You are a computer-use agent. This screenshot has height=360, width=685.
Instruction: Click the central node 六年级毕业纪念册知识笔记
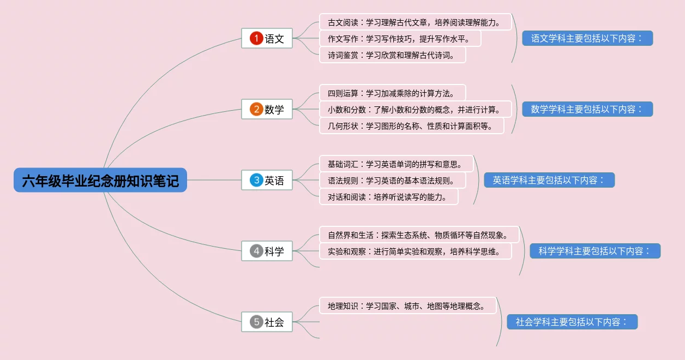100,180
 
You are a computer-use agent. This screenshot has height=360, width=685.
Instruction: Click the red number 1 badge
256,38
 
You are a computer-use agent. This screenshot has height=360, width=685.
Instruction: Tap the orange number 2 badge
256,109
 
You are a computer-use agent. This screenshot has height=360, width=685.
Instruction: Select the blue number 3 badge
256,180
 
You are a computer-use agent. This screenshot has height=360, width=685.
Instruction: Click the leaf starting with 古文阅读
416,22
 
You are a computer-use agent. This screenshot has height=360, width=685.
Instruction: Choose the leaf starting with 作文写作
400,39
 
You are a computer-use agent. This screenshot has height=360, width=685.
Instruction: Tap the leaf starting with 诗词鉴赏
393,55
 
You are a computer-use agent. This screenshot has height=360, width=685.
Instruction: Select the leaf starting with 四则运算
393,93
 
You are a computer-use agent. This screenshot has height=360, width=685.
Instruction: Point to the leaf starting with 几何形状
412,126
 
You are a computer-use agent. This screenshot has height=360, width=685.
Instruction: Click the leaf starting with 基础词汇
396,164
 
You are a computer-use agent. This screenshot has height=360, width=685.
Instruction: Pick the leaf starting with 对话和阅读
389,197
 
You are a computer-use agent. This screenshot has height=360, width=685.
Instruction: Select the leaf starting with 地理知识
407,306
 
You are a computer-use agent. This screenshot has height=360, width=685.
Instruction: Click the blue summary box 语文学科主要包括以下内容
587,39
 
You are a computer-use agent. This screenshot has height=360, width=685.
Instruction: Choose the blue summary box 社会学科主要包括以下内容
572,322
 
